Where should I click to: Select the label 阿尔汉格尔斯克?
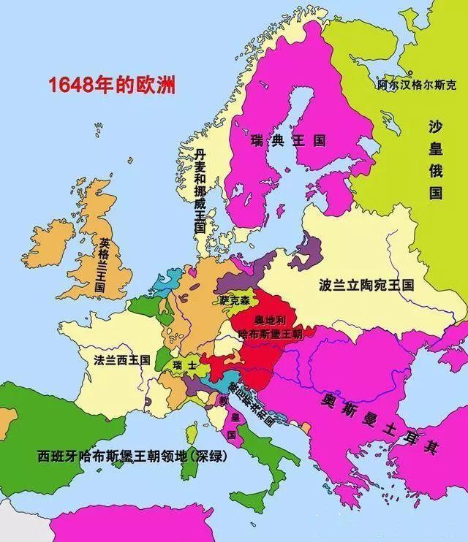coord(417,85)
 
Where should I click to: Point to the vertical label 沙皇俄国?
coord(436,161)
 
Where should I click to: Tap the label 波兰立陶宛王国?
coord(366,285)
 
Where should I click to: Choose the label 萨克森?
coord(235,300)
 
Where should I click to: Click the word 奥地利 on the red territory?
coord(268,321)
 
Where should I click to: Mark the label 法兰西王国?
coord(122,359)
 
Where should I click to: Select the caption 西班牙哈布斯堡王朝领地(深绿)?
coord(132,457)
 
